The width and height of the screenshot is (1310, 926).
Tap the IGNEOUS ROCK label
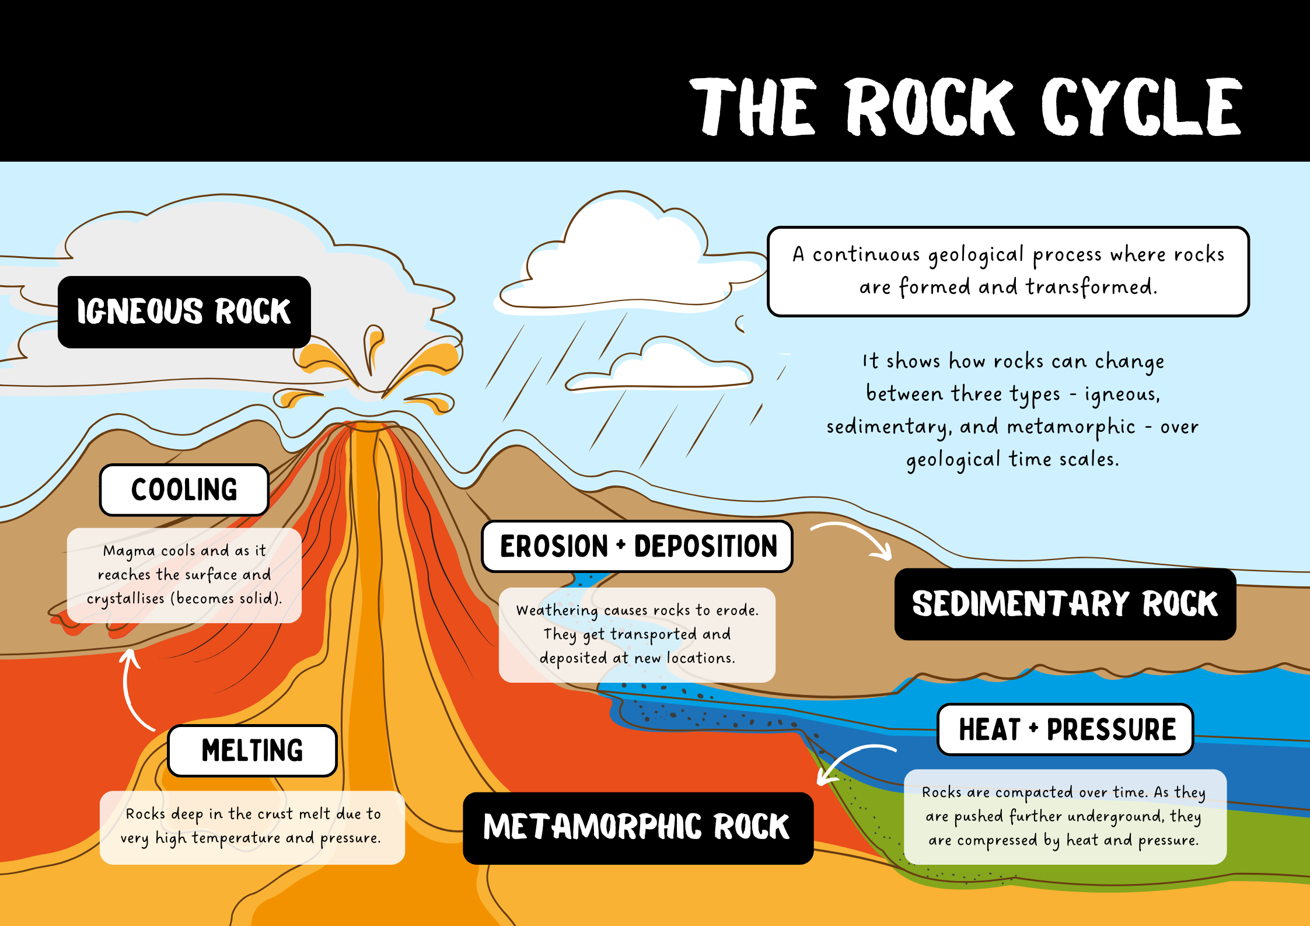pyautogui.click(x=184, y=312)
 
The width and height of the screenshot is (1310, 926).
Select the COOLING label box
pyautogui.click(x=184, y=490)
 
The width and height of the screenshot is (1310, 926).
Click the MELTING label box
pyautogui.click(x=252, y=751)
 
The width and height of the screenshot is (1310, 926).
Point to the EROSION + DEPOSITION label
pyautogui.click(x=637, y=547)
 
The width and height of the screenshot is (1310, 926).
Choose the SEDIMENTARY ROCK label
pyautogui.click(x=1065, y=604)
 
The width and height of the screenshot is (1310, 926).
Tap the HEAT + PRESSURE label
pyautogui.click(x=1066, y=729)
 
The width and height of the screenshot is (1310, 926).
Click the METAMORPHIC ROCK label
pyautogui.click(x=637, y=827)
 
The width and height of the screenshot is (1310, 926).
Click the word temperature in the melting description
pyautogui.click(x=236, y=838)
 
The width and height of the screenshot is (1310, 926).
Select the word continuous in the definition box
pyautogui.click(x=866, y=255)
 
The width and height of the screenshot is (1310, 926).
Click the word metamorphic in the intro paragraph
pyautogui.click(x=1071, y=427)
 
